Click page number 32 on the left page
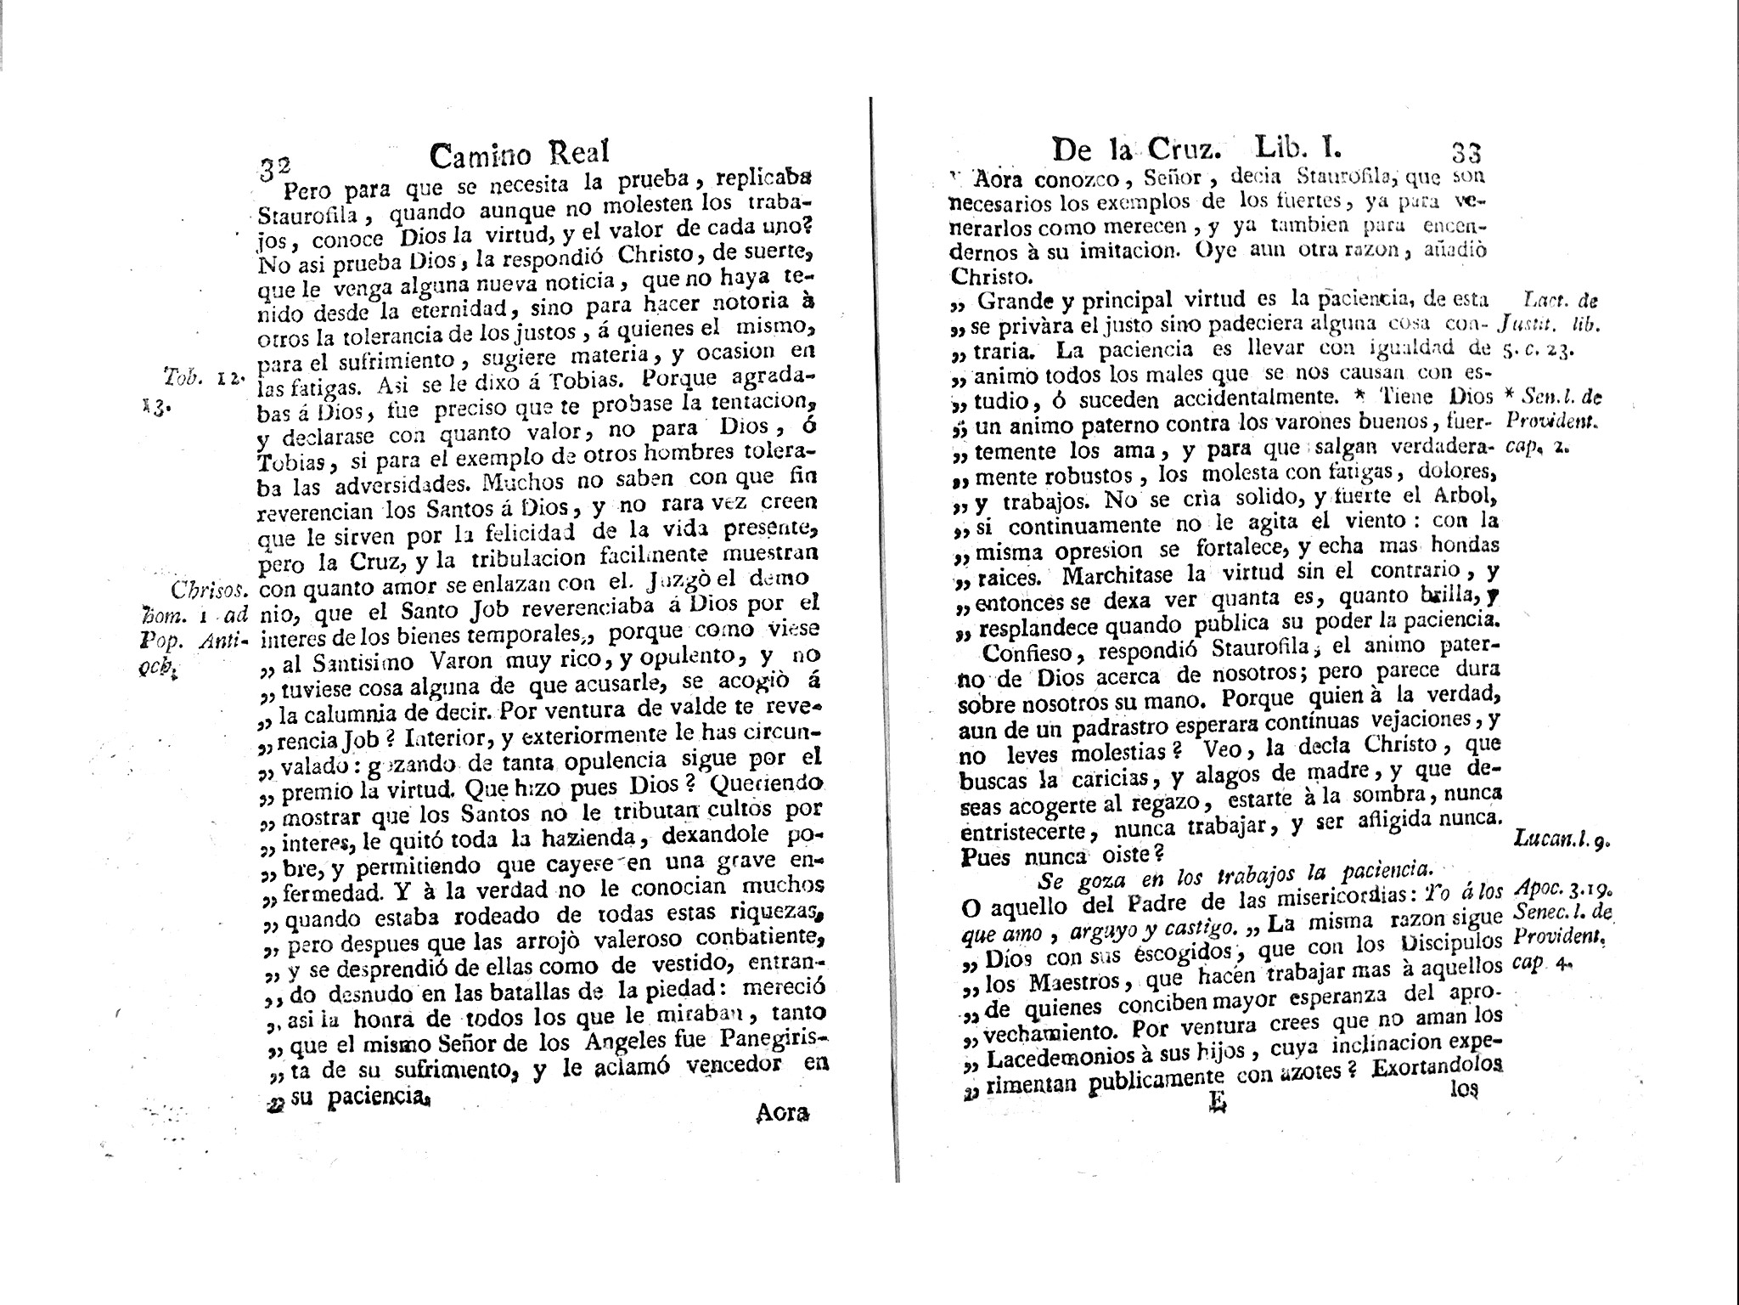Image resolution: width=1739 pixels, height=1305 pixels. click(x=274, y=163)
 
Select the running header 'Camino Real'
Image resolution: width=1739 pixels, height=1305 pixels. click(x=519, y=154)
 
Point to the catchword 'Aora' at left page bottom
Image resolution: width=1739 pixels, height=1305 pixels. click(x=781, y=1113)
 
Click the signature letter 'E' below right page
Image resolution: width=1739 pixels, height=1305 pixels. click(x=1217, y=1126)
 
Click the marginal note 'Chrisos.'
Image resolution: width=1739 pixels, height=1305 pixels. click(x=208, y=589)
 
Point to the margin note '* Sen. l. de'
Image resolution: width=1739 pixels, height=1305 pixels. click(x=1550, y=396)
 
